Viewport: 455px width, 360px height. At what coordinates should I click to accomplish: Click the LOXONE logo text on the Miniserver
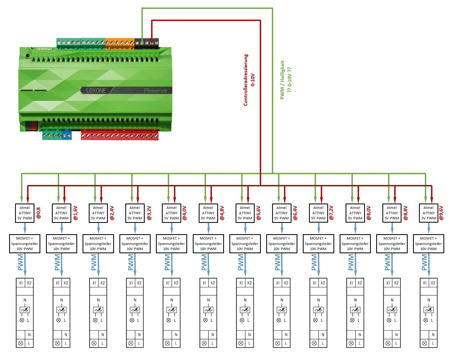pos(96,91)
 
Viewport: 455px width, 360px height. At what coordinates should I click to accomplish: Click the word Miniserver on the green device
pos(156,91)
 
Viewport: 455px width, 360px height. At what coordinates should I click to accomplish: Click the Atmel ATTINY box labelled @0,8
pos(25,213)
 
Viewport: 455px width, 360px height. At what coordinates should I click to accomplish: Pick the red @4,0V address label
pos(185,213)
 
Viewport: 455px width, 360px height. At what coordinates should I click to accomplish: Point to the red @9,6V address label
pos(442,213)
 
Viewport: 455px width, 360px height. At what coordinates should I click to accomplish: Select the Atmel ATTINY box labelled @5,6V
pos(245,213)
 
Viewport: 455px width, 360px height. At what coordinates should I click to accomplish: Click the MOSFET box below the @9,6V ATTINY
pos(428,244)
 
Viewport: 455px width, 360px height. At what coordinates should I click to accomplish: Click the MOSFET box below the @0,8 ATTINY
pos(25,244)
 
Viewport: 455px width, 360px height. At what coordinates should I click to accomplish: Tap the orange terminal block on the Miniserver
pos(120,43)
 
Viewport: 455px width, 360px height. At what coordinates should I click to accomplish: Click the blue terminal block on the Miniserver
pos(67,135)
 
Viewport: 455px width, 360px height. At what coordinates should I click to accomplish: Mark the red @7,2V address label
pos(332,213)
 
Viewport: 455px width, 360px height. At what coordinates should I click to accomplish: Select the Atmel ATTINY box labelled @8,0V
pos(355,213)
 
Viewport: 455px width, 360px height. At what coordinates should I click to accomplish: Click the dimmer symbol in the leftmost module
pos(25,310)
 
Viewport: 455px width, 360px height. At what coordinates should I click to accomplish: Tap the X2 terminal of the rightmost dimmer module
pos(433,283)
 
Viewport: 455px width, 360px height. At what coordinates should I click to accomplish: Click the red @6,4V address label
pos(295,213)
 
